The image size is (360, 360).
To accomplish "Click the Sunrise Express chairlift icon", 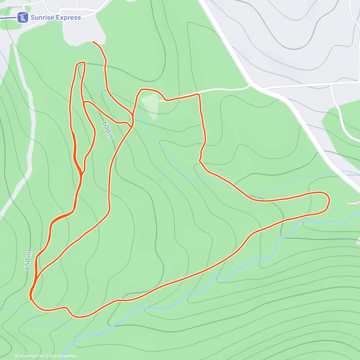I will pos(22,17).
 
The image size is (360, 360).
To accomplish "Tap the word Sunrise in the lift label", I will pos(42,17).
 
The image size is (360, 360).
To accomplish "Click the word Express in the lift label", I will pos(68,17).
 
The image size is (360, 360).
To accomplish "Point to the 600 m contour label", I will pos(108,130).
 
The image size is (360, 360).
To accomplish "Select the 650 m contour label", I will pos(28,261).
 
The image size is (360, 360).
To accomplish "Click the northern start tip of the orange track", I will pos(93,42).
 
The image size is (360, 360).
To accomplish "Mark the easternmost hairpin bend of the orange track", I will pos(329,199).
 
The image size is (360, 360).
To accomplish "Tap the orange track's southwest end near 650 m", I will pos(31,298).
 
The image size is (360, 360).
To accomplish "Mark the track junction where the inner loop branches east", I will pos(84,103).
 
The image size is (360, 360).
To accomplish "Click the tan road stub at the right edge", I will pos(354,203).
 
